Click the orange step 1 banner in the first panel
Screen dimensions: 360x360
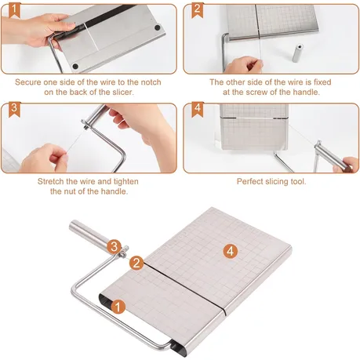click(14, 11)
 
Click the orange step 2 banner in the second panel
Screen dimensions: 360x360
click(198, 11)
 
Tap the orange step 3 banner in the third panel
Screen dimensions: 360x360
click(14, 110)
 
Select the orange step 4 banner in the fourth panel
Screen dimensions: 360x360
click(198, 110)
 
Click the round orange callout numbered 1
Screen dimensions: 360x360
click(118, 307)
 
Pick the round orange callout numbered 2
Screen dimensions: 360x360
click(136, 263)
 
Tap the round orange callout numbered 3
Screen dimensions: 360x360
click(114, 246)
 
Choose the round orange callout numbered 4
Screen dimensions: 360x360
click(231, 251)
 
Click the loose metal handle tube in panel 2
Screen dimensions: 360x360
click(297, 53)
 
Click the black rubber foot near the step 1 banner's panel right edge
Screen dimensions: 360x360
click(158, 27)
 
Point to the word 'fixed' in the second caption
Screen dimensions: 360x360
click(322, 82)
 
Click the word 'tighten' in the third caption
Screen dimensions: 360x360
click(126, 181)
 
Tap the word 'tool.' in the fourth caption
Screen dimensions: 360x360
click(298, 181)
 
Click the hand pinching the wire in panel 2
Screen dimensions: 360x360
click(244, 64)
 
